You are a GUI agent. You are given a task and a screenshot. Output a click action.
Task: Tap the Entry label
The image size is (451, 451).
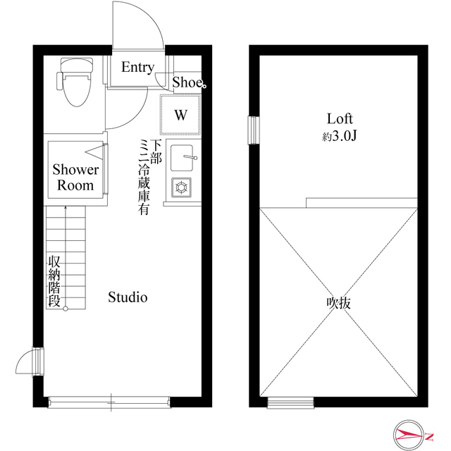137,68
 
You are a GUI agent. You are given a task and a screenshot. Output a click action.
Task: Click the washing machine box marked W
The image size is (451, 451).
181,114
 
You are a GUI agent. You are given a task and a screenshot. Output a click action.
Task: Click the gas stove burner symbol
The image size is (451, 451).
181,187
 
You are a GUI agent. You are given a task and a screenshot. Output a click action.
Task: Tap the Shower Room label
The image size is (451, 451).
75,178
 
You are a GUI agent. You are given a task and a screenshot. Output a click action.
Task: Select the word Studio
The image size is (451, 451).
128,297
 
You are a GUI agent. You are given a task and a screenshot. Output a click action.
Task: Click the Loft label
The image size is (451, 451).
339,118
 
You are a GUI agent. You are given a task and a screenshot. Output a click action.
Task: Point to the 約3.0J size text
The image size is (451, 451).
340,136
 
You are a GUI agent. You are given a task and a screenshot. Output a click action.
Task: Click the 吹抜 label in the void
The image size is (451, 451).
339,304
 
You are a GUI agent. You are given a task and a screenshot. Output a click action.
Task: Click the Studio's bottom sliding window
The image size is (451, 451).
109,403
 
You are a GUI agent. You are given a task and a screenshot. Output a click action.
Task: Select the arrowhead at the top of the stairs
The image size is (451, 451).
65,209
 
